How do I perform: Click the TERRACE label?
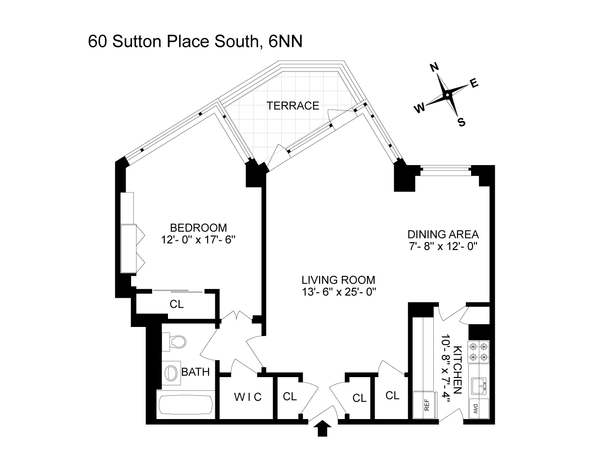coord(293,106)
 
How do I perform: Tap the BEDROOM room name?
coord(198,228)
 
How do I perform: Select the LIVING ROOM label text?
coord(339,280)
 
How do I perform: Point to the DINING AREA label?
coord(443,234)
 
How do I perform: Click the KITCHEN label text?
coord(458,370)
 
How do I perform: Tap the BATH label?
coord(196,372)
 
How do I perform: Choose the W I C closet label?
coord(248,397)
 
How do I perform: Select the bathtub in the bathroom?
coord(185,406)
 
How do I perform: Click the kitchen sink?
coord(479,386)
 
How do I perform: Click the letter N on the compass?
coord(434,67)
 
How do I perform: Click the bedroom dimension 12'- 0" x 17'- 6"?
coord(198,239)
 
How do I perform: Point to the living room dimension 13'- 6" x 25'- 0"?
coord(339,291)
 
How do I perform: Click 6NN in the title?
coord(286,41)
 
